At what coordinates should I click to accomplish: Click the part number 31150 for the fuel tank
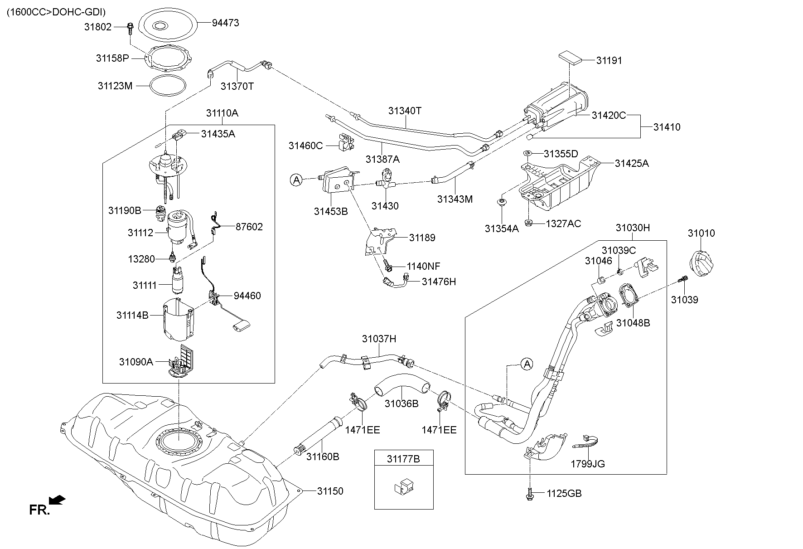point(330,491)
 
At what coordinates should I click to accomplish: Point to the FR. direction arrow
point(57,500)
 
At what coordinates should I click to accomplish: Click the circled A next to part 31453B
point(296,180)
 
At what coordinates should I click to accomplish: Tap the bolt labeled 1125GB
point(529,493)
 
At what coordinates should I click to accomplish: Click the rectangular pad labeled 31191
point(570,58)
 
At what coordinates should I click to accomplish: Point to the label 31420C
point(609,115)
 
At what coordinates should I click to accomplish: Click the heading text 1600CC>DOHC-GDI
point(56,12)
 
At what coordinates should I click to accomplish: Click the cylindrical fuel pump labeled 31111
point(178,282)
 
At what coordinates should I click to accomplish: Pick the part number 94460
point(247,296)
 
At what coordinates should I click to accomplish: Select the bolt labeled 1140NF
point(387,263)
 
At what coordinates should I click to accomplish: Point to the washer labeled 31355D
point(527,154)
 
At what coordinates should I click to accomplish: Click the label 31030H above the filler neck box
point(632,228)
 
